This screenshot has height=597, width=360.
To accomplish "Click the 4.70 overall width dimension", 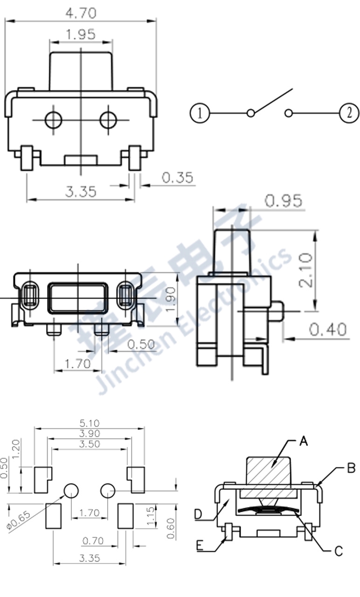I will [x=81, y=13].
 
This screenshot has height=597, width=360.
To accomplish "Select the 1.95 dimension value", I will [x=81, y=34].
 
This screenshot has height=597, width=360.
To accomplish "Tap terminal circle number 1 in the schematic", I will [x=200, y=113].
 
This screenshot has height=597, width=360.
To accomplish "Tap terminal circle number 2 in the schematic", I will [x=349, y=113].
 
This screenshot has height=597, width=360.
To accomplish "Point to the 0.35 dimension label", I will [x=177, y=178].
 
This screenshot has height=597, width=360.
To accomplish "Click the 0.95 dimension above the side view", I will [x=284, y=201].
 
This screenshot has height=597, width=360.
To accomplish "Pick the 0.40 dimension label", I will [x=328, y=329].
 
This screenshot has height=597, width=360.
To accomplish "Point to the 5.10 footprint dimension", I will [x=90, y=423].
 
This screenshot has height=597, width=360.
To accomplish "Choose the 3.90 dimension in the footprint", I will [x=90, y=433].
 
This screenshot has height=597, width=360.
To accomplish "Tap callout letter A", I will [x=304, y=441].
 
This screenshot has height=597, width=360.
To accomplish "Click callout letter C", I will [x=339, y=551].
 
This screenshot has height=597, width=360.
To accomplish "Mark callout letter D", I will [x=198, y=514].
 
